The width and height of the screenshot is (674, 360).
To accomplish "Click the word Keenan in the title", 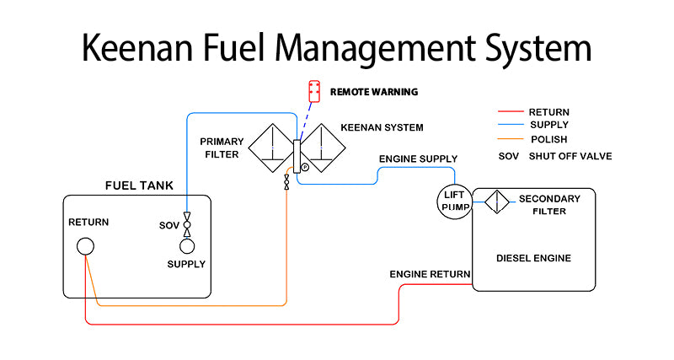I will click(x=134, y=47).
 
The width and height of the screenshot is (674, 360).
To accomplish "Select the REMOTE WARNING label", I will click(x=374, y=91).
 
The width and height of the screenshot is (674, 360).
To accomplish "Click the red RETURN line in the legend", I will click(x=511, y=111).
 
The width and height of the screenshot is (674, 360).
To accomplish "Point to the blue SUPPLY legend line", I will click(x=511, y=125).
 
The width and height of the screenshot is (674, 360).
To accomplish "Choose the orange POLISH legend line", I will click(x=511, y=138).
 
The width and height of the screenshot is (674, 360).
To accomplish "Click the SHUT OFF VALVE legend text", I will click(x=570, y=156).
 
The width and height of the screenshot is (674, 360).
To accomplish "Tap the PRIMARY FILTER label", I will click(x=220, y=148).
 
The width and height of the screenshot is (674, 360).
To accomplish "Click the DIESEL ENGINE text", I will click(x=534, y=258).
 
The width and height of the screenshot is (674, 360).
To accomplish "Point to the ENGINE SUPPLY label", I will click(x=418, y=159).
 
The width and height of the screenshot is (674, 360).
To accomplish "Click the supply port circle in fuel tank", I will click(x=186, y=245).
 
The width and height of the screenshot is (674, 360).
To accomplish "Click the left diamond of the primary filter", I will click(x=271, y=148).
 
